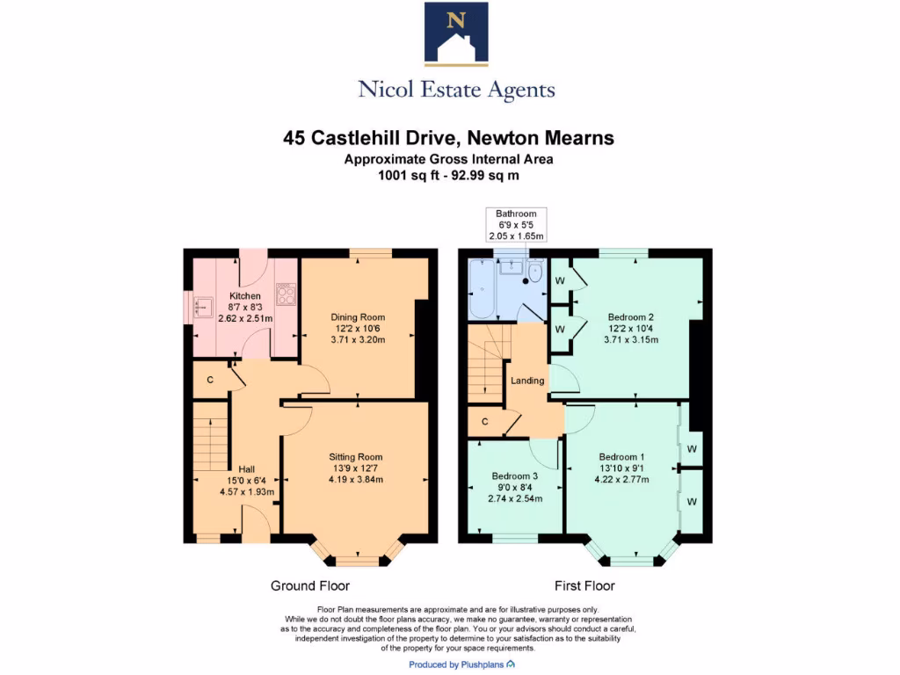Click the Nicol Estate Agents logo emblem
point(456,34)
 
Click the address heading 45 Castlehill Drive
point(448,138)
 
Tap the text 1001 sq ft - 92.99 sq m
point(448,175)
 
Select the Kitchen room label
point(245,296)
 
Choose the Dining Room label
point(358,317)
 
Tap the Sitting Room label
point(356,457)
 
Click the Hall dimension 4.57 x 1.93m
point(247,492)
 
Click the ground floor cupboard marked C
point(210,380)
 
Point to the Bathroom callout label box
point(517,225)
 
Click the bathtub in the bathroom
point(482,290)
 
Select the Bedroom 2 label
point(631,317)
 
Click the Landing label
point(527,381)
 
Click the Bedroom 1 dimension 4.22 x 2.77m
point(622,480)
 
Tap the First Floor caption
point(584,585)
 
